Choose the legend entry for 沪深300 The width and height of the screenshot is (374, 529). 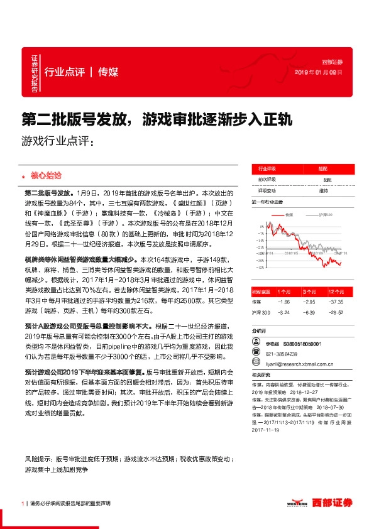coord(326,215)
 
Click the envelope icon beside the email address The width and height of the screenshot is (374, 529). coord(257,365)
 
